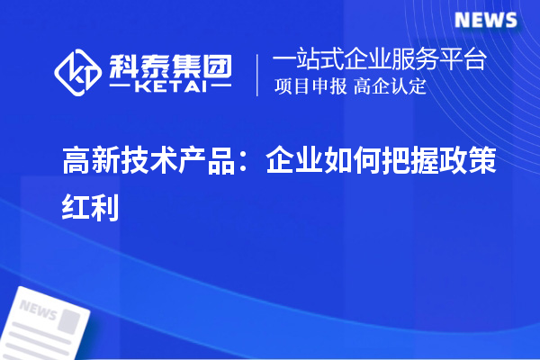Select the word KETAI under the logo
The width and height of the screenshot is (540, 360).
click(168, 87)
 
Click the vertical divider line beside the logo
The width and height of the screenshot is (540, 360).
click(258, 74)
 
